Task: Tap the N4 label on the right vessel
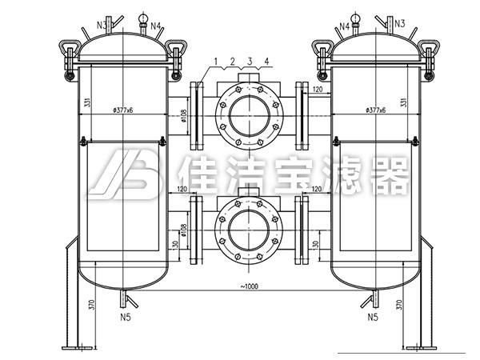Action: [x=345, y=26]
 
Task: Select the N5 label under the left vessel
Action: [x=126, y=318]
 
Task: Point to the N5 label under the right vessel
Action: [x=372, y=318]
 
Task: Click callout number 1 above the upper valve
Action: [x=215, y=61]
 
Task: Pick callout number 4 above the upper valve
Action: [x=266, y=61]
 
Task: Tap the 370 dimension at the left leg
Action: [x=93, y=304]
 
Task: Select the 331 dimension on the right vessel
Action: [x=406, y=104]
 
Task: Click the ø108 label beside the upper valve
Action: [x=183, y=118]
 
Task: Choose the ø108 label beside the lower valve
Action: [x=183, y=234]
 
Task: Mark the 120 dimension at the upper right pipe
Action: [x=318, y=90]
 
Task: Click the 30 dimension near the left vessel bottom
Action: [x=174, y=244]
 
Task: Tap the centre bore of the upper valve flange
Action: [x=246, y=116]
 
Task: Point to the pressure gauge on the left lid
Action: [x=143, y=19]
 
